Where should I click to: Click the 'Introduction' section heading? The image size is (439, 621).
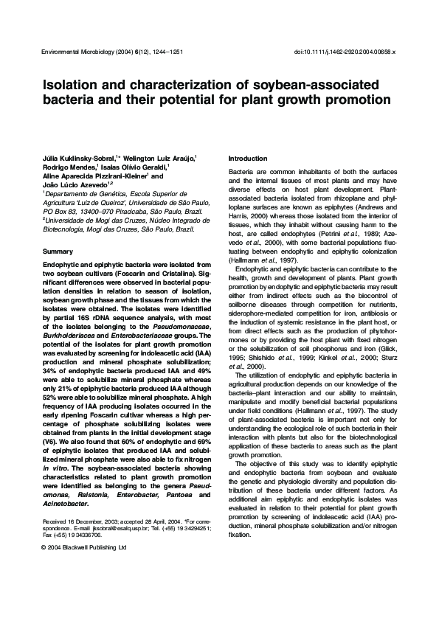(248, 159)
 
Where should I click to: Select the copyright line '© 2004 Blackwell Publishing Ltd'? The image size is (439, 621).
(84, 548)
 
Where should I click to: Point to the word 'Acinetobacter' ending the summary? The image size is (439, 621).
(66, 504)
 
